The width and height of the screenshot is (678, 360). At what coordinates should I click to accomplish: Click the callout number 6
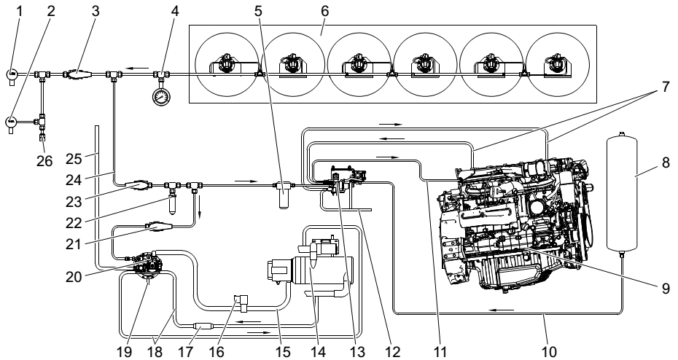tap(324, 10)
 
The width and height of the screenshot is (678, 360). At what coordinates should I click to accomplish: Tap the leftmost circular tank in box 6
tap(225, 66)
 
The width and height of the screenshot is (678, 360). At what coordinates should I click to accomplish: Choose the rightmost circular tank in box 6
tap(556, 66)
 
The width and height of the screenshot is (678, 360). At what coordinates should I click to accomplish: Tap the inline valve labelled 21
tap(158, 227)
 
